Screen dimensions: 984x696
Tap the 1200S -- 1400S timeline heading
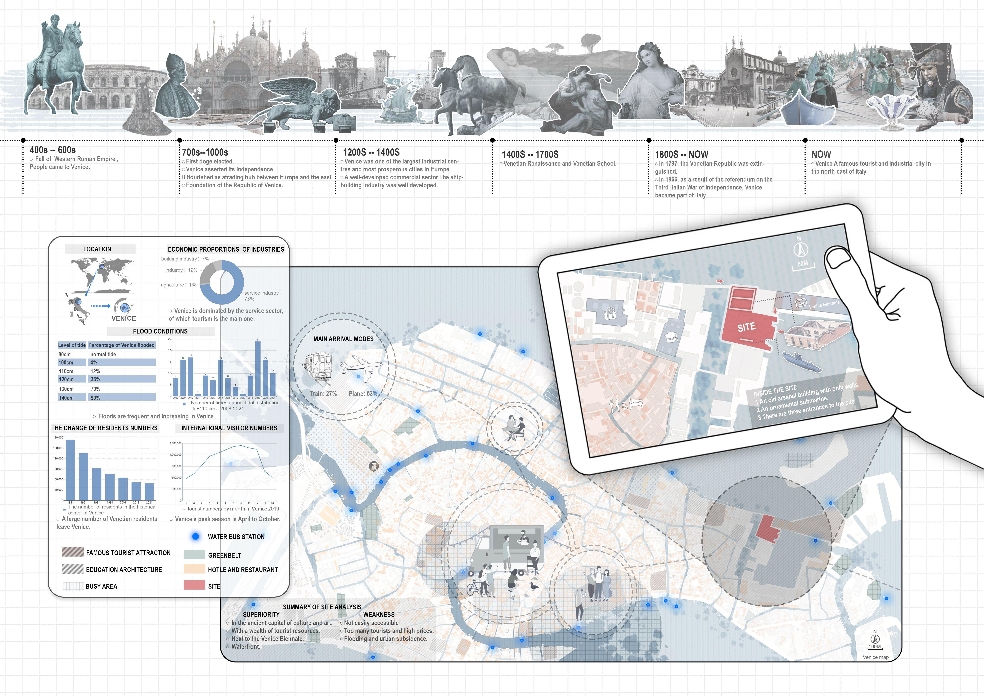coord(371,152)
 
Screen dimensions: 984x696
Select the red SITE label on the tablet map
coord(746,327)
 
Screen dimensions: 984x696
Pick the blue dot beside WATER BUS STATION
coord(195,536)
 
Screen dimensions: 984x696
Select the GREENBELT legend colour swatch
coord(194,555)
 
